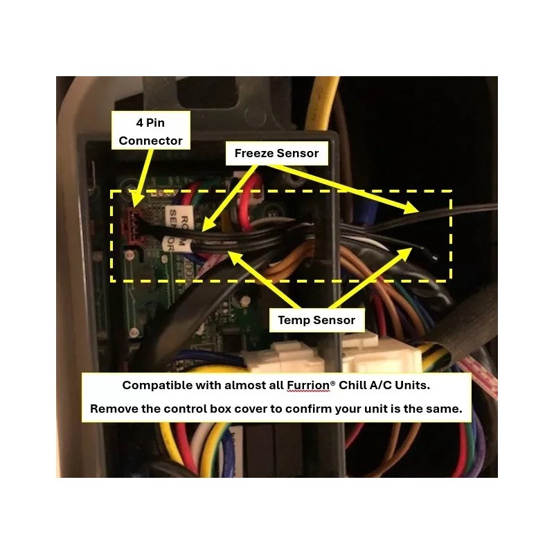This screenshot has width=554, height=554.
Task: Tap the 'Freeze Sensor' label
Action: pyautogui.click(x=276, y=153)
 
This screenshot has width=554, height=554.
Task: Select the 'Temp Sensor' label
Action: pyautogui.click(x=316, y=319)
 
